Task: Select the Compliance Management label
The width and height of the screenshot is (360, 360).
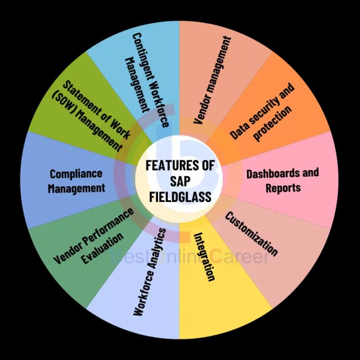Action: point(76,181)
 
